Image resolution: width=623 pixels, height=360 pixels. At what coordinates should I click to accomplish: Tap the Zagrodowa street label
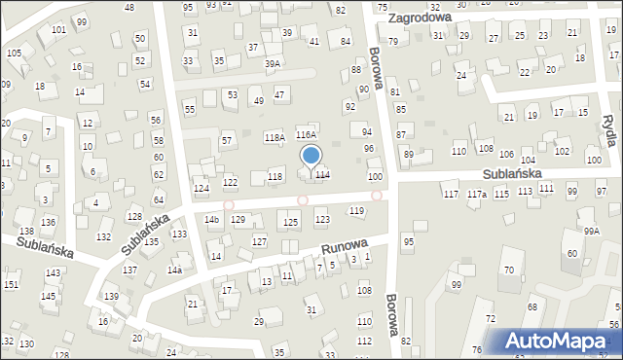[419, 18]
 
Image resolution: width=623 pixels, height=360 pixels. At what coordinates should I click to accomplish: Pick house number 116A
[307, 135]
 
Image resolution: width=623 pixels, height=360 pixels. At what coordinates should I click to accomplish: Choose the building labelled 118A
[274, 138]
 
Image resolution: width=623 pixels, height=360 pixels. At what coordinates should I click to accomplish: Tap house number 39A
[273, 64]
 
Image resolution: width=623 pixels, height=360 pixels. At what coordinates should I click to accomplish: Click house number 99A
[592, 232]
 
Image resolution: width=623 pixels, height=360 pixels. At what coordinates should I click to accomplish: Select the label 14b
[211, 220]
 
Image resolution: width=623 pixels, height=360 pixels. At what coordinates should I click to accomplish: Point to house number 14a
[174, 270]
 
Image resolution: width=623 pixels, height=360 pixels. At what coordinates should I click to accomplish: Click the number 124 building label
[202, 188]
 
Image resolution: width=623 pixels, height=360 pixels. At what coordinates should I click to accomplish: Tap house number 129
[238, 220]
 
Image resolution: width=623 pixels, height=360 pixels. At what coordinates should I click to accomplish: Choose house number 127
[259, 240]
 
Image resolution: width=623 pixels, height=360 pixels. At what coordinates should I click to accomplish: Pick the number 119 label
[356, 210]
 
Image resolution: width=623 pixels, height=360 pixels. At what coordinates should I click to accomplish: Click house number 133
[179, 234]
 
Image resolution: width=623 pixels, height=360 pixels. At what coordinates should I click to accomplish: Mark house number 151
[11, 284]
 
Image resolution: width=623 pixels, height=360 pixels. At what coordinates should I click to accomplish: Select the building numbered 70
[508, 269]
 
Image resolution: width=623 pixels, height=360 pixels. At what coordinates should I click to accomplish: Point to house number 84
[346, 41]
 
